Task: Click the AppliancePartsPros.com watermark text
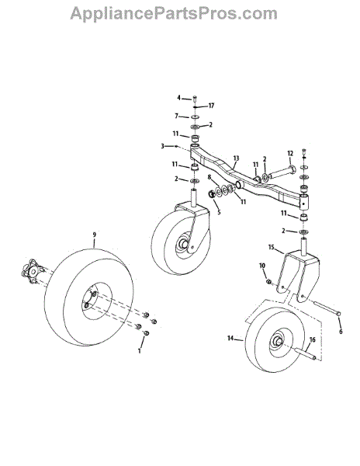tap(174, 14)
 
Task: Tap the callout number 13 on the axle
tap(236, 158)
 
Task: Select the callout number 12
tap(290, 153)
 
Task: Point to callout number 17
tap(211, 106)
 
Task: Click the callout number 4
tap(178, 98)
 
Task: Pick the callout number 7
tap(176, 116)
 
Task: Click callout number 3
tap(162, 146)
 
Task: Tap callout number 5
tap(219, 212)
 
